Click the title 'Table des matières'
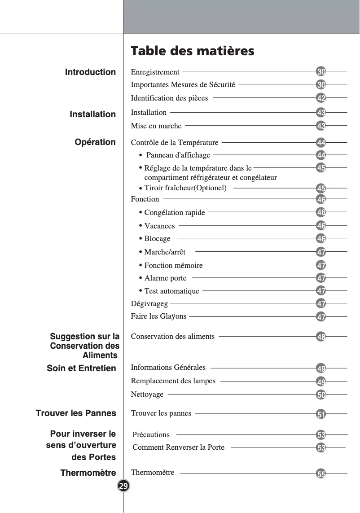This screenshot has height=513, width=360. (x=192, y=51)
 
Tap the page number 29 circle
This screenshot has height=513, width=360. (x=123, y=486)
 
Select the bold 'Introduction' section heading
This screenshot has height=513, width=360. (x=90, y=72)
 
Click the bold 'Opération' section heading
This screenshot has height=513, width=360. (x=95, y=142)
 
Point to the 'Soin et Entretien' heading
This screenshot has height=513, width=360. (x=81, y=368)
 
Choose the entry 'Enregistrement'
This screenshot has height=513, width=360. (x=155, y=72)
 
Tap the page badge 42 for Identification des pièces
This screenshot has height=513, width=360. (x=321, y=98)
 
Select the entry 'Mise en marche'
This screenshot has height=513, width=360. (x=156, y=126)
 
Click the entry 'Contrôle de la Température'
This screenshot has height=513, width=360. (x=175, y=143)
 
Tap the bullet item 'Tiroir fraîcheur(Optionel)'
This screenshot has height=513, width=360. (x=185, y=188)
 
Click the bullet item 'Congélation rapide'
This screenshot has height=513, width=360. (x=175, y=213)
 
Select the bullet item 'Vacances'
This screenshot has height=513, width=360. (x=159, y=226)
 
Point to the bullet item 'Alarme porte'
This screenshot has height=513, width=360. (x=165, y=278)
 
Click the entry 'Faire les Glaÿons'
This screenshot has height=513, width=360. (x=158, y=316)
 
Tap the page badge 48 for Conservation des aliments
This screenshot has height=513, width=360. (x=321, y=337)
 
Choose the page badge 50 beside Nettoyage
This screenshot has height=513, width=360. (x=321, y=395)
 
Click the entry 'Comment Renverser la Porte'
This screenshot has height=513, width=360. (x=179, y=447)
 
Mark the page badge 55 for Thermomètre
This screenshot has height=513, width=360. (x=321, y=474)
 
